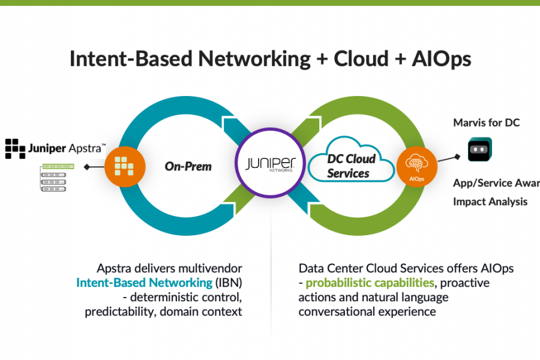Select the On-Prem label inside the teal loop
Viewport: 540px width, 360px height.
188,166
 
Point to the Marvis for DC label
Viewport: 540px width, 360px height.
486,122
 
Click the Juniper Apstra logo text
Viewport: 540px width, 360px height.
67,147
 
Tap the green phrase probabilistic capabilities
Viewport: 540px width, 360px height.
370,282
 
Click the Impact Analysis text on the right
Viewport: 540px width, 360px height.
490,202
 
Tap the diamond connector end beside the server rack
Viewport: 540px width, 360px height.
87,167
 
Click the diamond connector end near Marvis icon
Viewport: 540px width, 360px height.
457,157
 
